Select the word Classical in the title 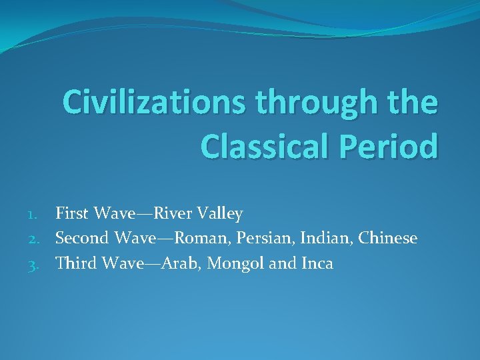264,146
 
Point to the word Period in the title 388,146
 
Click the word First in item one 73,214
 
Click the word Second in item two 82,239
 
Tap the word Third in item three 76,263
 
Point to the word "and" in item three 281,263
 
